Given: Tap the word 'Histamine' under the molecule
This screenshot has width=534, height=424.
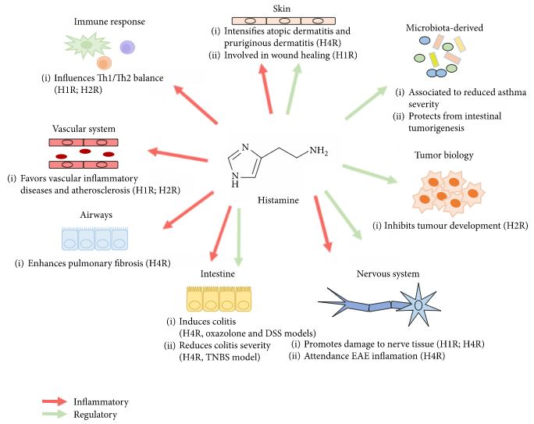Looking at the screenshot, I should (279, 201).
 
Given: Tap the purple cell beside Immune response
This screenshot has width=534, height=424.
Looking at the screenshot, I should (126, 48).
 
